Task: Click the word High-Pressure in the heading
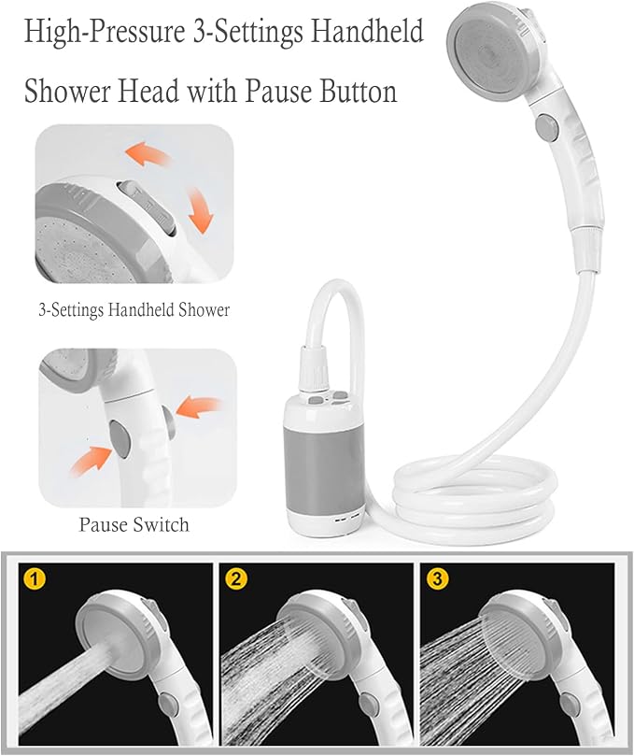coord(105,33)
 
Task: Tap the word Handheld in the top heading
coord(367,31)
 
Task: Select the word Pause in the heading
coord(279,90)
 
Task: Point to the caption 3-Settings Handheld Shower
coord(134,309)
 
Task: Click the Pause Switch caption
coord(134,524)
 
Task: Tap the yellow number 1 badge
coord(35,578)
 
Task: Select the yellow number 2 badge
coord(235,578)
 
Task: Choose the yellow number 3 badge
coord(437,578)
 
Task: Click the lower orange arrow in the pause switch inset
coord(92,460)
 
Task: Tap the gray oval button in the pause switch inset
coord(119,439)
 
